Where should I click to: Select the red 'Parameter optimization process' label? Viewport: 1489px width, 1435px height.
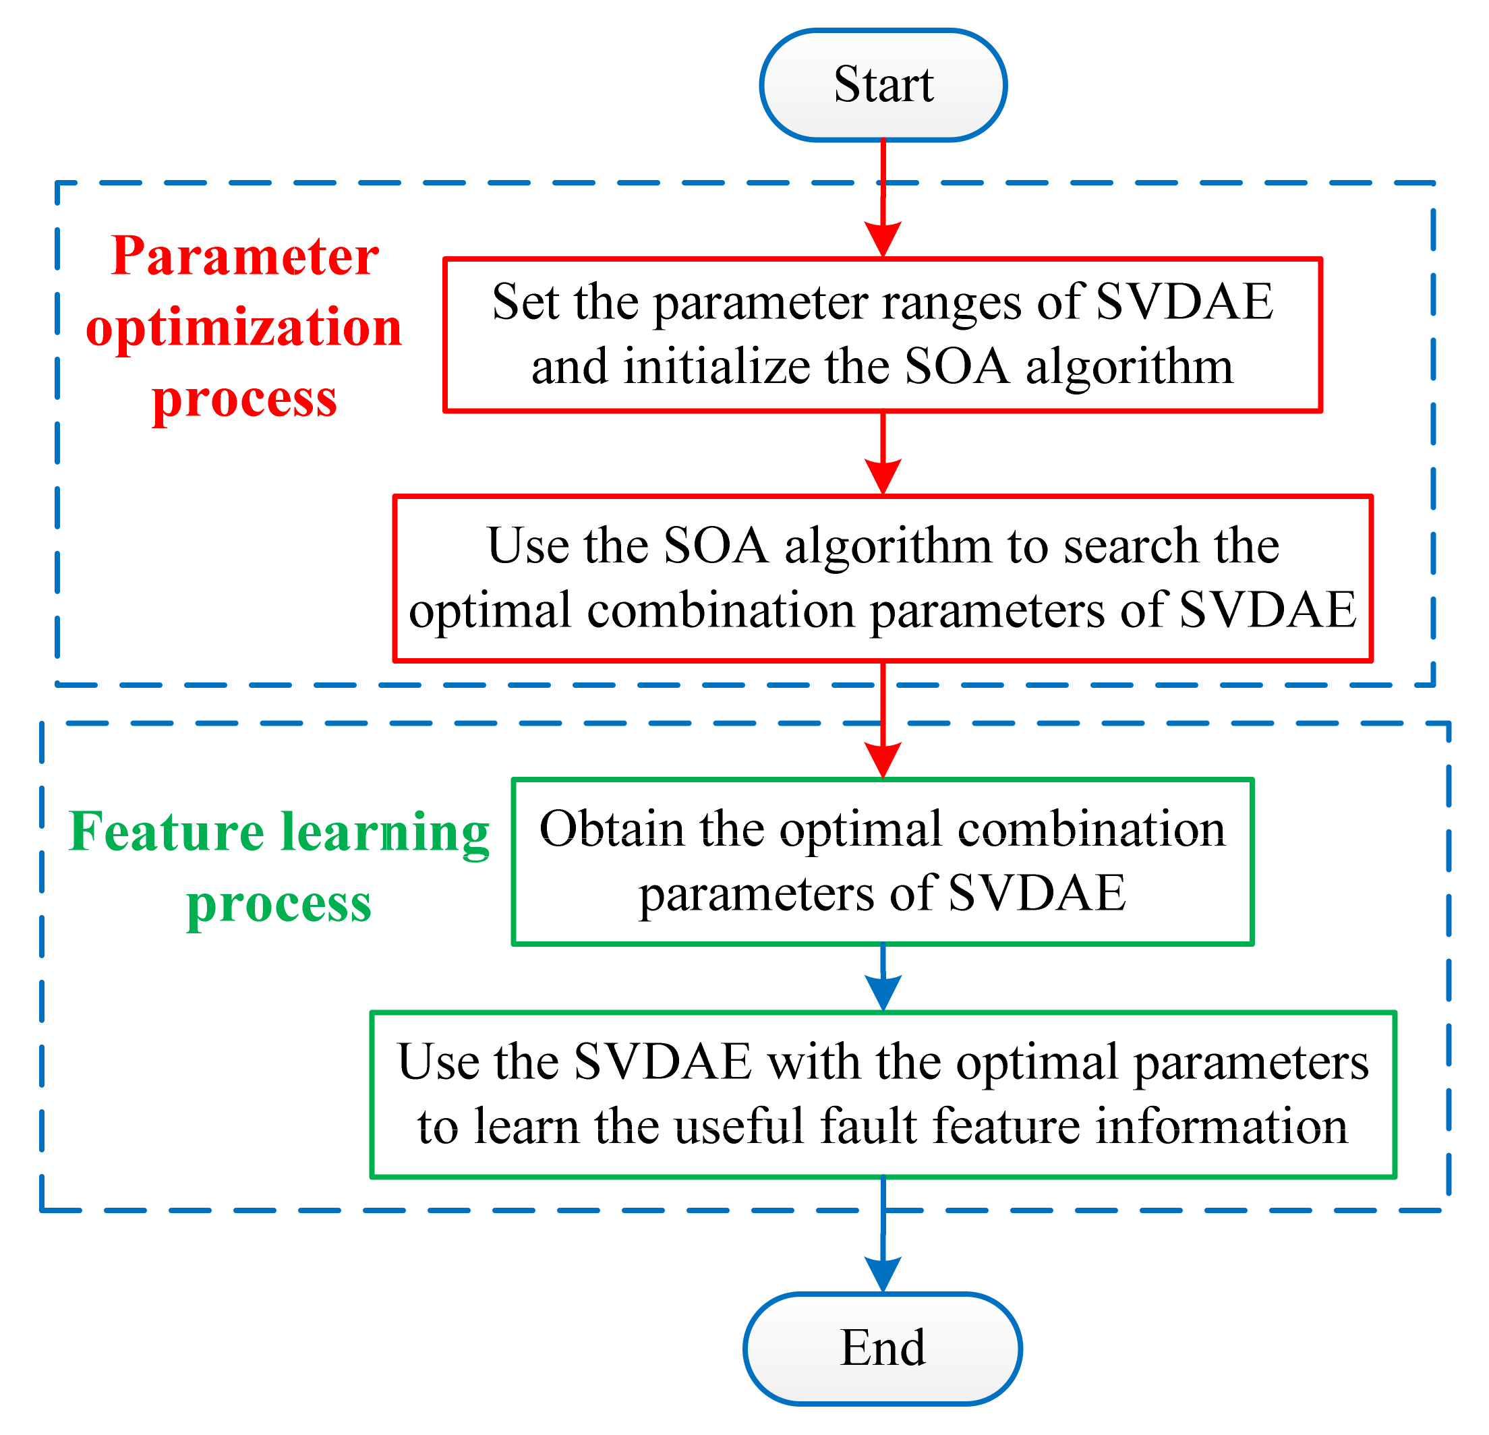(x=244, y=326)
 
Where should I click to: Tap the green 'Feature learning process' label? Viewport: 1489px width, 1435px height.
(x=279, y=866)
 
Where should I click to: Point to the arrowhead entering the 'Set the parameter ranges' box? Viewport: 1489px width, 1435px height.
(x=883, y=240)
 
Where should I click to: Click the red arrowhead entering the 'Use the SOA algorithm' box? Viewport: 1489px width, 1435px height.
(x=883, y=477)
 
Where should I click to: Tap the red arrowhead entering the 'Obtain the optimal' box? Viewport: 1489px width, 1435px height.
(x=883, y=761)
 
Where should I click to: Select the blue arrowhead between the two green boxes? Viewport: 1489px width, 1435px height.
(x=883, y=993)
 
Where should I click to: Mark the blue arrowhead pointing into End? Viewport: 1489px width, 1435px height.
(x=883, y=1275)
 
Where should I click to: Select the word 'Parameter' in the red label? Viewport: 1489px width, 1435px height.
(x=245, y=256)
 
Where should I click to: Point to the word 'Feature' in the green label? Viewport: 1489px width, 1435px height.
(x=167, y=832)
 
